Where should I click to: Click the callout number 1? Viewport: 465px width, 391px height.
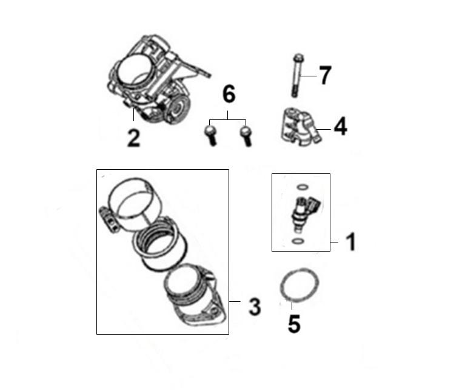point(351,242)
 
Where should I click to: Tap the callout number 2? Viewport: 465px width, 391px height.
point(134,138)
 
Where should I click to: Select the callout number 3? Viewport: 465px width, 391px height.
point(255,307)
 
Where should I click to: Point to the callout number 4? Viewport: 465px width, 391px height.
point(341,127)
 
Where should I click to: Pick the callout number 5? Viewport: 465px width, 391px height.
point(294,324)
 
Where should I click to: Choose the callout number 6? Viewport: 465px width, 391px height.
point(229,94)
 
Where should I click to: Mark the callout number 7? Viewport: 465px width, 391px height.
point(325,75)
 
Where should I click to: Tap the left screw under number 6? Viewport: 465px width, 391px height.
point(211,135)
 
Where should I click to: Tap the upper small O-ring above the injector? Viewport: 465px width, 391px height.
point(303,187)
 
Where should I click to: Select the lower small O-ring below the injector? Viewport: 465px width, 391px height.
point(298,241)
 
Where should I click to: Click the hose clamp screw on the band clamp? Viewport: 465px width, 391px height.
point(108,219)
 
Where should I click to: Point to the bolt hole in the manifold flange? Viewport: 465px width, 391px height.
point(213,310)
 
